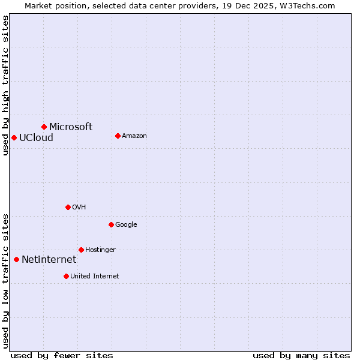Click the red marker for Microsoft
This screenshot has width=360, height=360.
pos(44,127)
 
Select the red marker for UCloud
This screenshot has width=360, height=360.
pos(14,137)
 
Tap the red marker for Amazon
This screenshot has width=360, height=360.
pos(118,136)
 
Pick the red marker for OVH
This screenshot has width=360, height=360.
pos(68,207)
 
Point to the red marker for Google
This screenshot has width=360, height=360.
pos(111,224)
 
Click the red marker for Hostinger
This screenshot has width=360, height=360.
pos(81,250)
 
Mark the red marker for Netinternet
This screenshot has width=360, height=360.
pos(16,259)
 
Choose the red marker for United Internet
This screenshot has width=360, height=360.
pos(66,276)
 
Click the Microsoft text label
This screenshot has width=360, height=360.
pos(71,127)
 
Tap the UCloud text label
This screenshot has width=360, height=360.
pos(36,137)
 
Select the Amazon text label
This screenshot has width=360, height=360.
pos(134,136)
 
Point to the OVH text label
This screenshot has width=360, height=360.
pos(79,207)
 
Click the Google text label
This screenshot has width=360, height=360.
pos(126,224)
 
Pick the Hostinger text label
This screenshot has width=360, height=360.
pos(100,250)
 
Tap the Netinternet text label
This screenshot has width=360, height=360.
pos(49,259)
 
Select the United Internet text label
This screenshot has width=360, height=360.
pos(94,276)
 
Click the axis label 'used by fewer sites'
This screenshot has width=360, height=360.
pos(62,355)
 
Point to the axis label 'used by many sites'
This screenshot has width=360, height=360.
pos(301,355)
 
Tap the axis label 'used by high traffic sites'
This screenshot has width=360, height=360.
pos(5,85)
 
